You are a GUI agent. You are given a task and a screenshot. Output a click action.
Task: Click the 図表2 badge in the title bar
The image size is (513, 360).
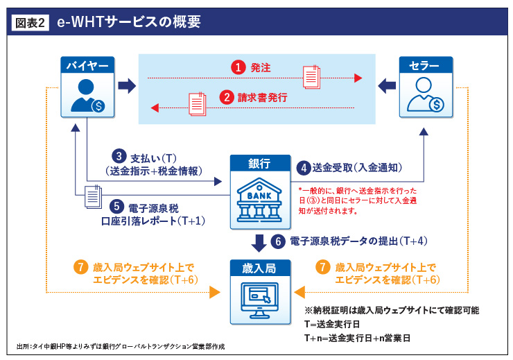pyautogui.click(x=31, y=22)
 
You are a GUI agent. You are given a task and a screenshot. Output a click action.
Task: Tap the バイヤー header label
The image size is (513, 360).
pyautogui.click(x=86, y=66)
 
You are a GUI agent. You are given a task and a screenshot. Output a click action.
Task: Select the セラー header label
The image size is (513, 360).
pyautogui.click(x=425, y=66)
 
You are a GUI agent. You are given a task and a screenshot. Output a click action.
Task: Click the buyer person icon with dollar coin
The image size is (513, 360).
pyautogui.click(x=87, y=96)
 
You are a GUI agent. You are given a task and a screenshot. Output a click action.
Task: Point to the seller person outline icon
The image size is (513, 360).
pyautogui.click(x=425, y=96)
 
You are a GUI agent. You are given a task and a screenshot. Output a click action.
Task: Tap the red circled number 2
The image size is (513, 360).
pyautogui.click(x=226, y=98)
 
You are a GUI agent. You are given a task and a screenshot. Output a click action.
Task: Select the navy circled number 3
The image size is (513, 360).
pyautogui.click(x=119, y=157)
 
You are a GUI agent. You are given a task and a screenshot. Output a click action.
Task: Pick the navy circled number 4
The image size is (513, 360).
pyautogui.click(x=303, y=167)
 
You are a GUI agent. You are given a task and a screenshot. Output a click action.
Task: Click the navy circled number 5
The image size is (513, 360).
pyautogui.click(x=116, y=206)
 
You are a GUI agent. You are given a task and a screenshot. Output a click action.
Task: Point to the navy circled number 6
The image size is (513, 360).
pyautogui.click(x=279, y=241)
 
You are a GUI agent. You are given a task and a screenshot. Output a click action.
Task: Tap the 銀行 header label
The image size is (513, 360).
pyautogui.click(x=259, y=164)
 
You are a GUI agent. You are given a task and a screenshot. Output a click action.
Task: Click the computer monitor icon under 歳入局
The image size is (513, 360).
pyautogui.click(x=259, y=299)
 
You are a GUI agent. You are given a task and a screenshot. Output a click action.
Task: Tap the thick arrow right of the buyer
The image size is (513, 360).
pyautogui.click(x=126, y=86)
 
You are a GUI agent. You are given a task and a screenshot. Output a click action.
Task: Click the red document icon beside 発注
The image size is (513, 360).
pyautogui.click(x=310, y=74)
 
